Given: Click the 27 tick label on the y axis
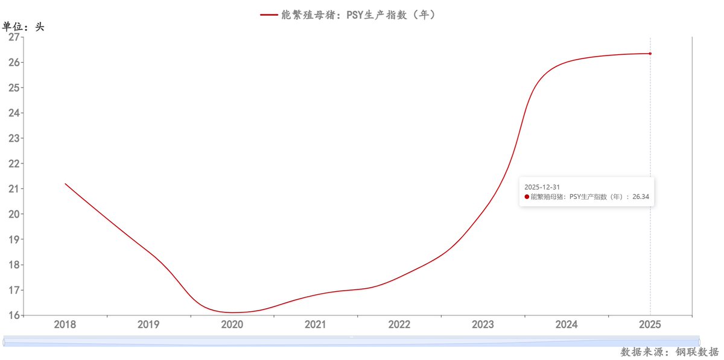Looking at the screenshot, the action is click(14, 37).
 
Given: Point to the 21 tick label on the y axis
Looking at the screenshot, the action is click(14, 189).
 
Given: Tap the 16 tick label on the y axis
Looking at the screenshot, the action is click(14, 315).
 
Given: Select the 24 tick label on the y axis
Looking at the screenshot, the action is click(14, 113).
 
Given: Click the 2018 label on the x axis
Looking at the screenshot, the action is click(65, 324).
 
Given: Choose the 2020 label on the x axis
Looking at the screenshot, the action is click(232, 324).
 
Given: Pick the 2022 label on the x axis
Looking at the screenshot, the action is click(399, 324).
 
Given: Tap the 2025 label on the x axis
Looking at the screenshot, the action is click(650, 324).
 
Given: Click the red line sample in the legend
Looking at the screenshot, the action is click(269, 15).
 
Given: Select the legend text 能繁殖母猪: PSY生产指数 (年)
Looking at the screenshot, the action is click(359, 15).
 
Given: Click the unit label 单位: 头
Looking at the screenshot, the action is click(24, 27).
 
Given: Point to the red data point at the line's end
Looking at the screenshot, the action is click(650, 54).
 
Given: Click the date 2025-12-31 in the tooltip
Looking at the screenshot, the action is click(542, 187).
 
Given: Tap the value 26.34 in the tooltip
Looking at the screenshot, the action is click(641, 197).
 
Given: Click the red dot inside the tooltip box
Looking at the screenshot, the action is click(527, 197).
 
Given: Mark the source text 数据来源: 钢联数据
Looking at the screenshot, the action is click(670, 352).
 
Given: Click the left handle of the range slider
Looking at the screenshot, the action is click(4, 342).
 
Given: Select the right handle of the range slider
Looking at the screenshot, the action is click(699, 342).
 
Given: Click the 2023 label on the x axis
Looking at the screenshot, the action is click(483, 324).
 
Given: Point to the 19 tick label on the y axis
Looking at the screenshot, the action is click(14, 239).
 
